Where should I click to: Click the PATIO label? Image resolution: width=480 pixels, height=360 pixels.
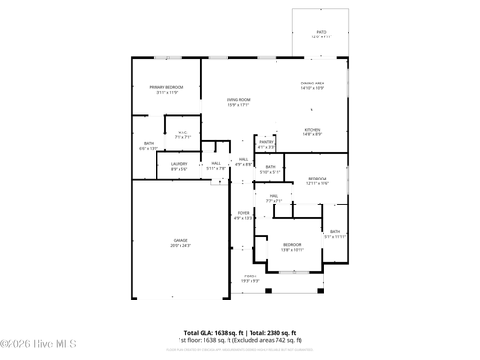point(321,32)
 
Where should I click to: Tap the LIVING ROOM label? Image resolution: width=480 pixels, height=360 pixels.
point(238,100)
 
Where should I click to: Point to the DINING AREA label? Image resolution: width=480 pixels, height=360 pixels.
point(313,84)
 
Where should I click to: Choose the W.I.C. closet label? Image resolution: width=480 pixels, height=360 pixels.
point(182,132)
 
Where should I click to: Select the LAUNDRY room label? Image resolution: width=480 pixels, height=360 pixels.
point(179,164)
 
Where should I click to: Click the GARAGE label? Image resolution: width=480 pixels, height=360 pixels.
point(180,240)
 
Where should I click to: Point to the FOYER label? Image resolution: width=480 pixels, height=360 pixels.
point(243,213)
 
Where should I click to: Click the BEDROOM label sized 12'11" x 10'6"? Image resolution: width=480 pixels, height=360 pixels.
point(317,179)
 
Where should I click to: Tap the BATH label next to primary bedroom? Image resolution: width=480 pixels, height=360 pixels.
point(149,143)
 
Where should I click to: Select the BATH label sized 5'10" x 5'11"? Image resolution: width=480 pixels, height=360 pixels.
point(271,167)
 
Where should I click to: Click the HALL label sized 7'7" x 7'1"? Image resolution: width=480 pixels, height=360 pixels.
point(274,196)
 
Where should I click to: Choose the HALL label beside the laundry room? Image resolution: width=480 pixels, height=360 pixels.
point(217,163)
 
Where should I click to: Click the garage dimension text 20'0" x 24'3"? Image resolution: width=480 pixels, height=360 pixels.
point(180,246)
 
